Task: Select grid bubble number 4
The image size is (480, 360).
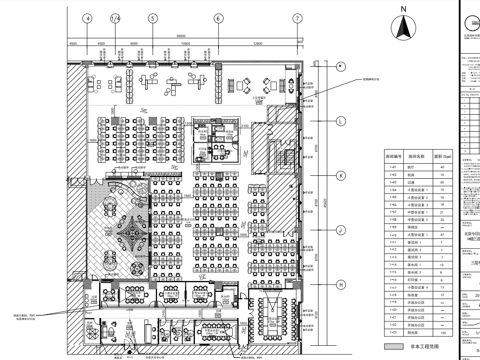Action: [87, 18]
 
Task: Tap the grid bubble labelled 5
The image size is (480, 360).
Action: [153, 18]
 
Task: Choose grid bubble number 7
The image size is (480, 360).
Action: [295, 18]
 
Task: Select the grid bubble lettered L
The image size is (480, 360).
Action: [340, 121]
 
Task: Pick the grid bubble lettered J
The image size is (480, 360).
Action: [340, 228]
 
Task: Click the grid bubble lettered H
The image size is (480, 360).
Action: [340, 283]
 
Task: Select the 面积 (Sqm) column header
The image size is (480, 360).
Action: [439, 157]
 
